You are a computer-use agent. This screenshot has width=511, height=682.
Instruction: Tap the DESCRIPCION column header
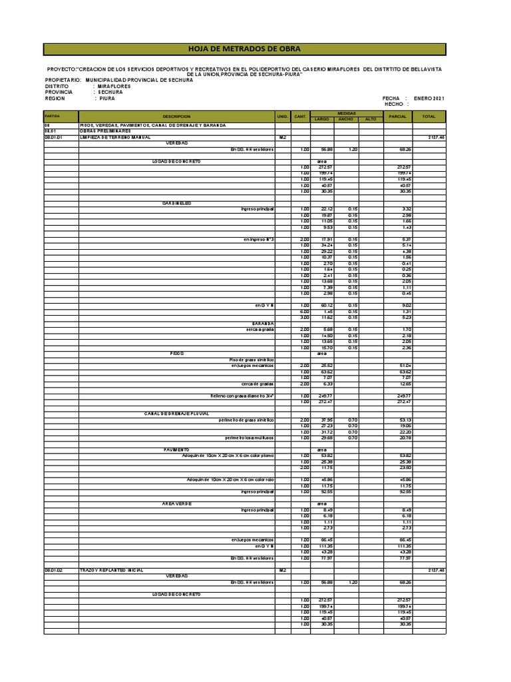click(176, 116)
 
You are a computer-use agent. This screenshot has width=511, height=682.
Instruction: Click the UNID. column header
click(282, 116)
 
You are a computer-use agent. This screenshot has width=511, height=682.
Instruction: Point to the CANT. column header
click(300, 116)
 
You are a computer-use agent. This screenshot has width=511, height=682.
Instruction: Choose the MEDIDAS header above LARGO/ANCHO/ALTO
click(347, 113)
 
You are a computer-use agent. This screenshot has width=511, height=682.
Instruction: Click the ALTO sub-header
click(371, 119)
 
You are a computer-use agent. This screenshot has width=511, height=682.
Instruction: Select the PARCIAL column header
click(398, 116)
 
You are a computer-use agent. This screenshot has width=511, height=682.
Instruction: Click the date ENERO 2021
click(429, 99)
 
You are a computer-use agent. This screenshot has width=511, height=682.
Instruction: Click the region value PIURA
click(107, 99)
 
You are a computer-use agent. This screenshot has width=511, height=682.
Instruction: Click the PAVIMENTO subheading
click(177, 450)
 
